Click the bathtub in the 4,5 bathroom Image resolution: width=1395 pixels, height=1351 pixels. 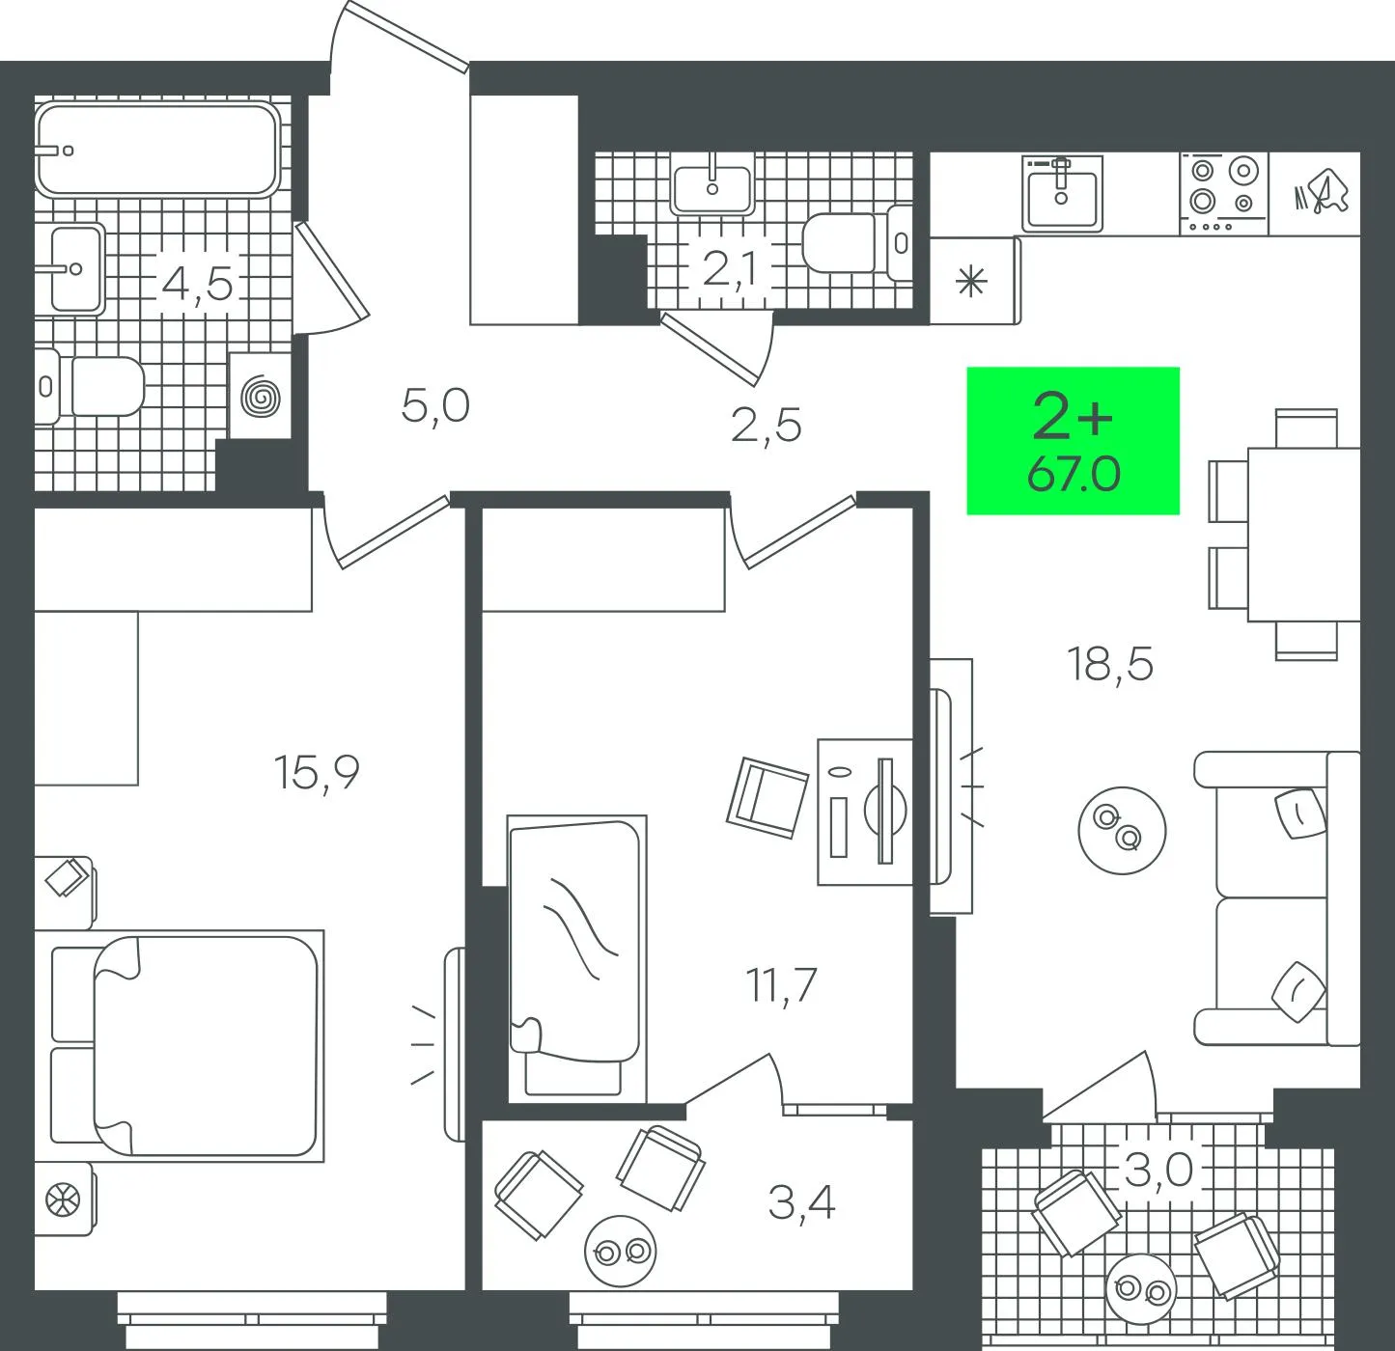click(157, 149)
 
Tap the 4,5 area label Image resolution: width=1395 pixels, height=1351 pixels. click(197, 284)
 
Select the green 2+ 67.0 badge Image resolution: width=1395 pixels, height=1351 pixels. click(1073, 441)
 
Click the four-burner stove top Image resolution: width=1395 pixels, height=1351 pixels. click(1224, 194)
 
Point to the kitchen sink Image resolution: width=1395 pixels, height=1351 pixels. click(1062, 194)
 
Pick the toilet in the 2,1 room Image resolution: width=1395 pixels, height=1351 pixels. click(857, 242)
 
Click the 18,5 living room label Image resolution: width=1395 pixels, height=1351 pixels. click(1109, 664)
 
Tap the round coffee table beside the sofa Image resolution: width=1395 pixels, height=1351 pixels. click(1122, 830)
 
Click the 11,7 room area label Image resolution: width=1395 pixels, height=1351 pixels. click(781, 985)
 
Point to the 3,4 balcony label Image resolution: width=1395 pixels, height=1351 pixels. click(801, 1202)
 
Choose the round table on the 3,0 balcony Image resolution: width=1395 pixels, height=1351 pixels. click(1141, 1288)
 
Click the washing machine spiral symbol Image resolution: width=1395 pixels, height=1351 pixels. click(261, 397)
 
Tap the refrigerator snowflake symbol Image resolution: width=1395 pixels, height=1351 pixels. click(971, 281)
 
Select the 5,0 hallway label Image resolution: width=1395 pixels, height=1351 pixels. click(435, 405)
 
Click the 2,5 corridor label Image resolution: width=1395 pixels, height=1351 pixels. click(766, 426)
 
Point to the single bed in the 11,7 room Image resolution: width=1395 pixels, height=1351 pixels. click(576, 959)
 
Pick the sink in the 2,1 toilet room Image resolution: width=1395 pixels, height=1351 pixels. click(712, 182)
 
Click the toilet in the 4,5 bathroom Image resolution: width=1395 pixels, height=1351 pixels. click(89, 386)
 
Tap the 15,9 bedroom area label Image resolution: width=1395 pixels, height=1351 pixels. click(316, 773)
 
